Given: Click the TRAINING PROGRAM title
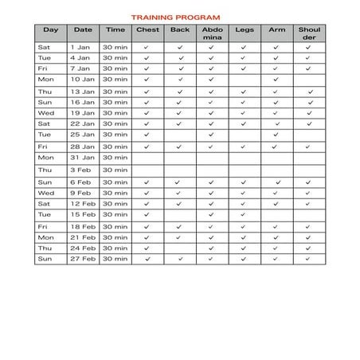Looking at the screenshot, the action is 176,16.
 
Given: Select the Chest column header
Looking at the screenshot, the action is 147,29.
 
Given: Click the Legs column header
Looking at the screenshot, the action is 244,29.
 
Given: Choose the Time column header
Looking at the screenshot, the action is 115,29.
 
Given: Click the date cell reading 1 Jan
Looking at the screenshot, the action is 83,47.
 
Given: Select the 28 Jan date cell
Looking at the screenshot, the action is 83,147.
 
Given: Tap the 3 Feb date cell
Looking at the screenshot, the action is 83,170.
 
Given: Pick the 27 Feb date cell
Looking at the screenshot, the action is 83,259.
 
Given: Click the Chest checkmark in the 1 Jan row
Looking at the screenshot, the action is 147,47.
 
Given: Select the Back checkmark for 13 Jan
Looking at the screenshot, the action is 179,91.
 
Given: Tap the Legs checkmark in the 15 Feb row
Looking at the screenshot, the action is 244,214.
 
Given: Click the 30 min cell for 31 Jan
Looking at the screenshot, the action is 115,158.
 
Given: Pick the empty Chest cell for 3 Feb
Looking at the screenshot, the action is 147,170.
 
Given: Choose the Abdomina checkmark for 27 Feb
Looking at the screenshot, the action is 211,259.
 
